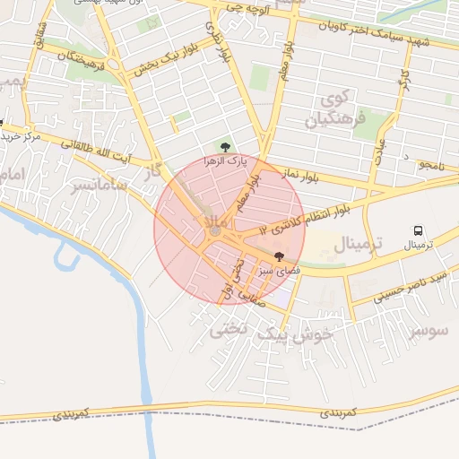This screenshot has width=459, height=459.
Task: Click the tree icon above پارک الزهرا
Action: [x=224, y=147]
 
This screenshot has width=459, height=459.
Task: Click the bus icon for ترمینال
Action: [x=418, y=231]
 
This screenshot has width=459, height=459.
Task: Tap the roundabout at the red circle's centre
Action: [x=215, y=232]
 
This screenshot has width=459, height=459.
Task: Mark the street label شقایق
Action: [x=39, y=39]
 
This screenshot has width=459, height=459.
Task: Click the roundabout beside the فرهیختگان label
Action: [x=115, y=64]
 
